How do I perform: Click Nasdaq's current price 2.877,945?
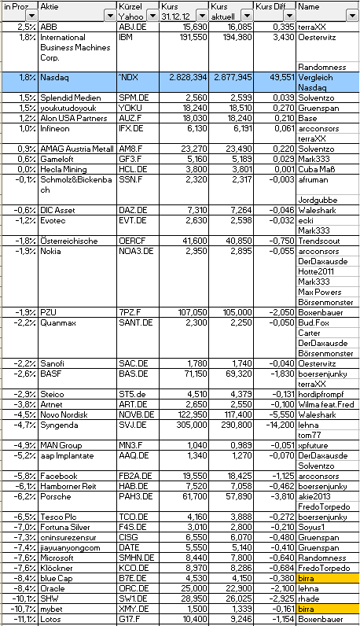coord(232,78)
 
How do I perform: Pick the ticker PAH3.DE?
coord(134,496)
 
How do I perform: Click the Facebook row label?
coord(58,476)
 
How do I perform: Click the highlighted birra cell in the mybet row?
coord(326,609)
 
